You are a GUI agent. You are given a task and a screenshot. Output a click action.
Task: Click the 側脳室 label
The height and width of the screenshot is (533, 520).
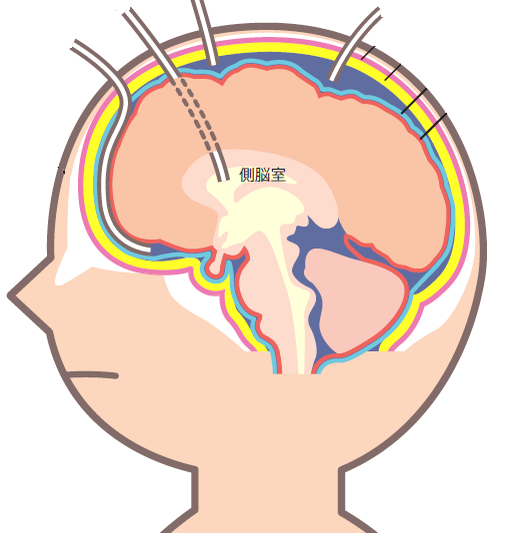(263, 175)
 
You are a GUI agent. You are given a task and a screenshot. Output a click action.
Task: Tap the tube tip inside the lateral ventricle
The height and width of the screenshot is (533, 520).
(223, 179)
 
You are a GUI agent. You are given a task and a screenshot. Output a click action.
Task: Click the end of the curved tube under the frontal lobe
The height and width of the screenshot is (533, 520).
(149, 251)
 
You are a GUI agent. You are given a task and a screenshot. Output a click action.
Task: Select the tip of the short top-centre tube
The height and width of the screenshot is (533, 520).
(213, 63)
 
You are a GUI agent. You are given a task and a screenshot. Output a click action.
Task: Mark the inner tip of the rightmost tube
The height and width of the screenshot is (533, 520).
(332, 79)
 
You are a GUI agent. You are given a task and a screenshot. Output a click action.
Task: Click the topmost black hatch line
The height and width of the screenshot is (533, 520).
(368, 53)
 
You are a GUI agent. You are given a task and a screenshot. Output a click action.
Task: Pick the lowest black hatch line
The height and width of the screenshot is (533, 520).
(433, 127)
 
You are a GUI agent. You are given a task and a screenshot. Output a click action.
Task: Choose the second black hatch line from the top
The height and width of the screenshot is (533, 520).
(393, 72)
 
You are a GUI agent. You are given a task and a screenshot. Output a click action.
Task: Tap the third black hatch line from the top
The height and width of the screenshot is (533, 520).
(414, 101)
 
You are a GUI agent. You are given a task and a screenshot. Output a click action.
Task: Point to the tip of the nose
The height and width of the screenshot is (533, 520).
(10, 294)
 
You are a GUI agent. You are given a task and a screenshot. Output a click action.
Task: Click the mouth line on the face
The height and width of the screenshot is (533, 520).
(93, 375)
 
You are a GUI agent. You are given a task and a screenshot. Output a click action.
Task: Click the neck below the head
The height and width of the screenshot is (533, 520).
(268, 500)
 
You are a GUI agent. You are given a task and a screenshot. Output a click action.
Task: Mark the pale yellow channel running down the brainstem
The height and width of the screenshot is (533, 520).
(293, 292)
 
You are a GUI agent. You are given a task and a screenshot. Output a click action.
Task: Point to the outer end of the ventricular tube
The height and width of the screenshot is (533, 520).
(127, 13)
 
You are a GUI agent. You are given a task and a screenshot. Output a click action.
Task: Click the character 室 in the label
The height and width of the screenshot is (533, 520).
(278, 175)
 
